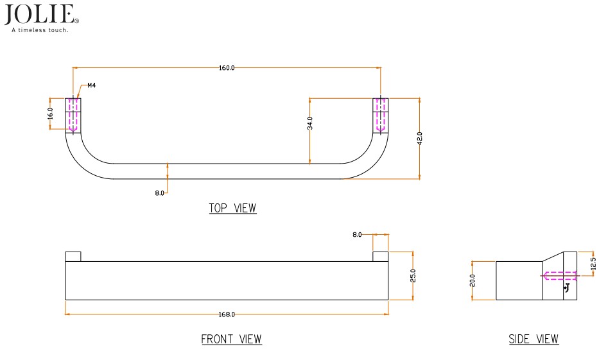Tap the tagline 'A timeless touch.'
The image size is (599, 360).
39,30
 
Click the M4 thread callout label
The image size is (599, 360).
92,85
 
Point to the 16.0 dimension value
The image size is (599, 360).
50,114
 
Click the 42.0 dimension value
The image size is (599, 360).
420,138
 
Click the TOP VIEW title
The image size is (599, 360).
232,209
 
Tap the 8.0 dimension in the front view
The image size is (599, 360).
358,236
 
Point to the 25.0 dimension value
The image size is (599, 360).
413,275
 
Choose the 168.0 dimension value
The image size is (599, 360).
227,314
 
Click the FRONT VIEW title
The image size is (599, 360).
231,339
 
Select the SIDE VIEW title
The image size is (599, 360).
534,339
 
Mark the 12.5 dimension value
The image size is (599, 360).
593,264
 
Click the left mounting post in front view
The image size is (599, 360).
73,257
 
